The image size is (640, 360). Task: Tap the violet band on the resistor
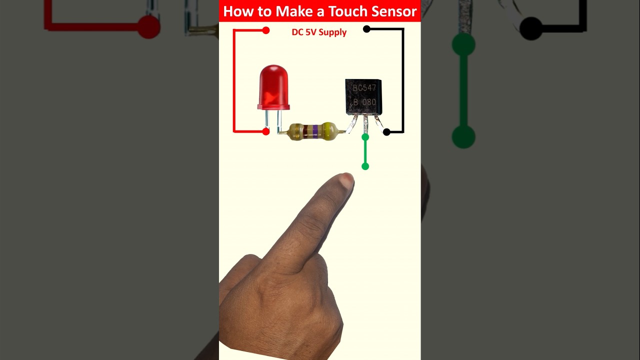pos(315,131)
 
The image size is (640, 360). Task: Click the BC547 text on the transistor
pos(364,88)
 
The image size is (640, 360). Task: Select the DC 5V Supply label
pos(319,32)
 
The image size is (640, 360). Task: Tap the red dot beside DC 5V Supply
pos(266,30)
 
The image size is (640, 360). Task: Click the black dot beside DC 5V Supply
pos(366,29)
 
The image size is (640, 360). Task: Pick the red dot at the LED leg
pos(266,131)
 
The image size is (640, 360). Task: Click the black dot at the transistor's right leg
pos(386,132)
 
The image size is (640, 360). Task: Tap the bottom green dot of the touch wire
pos(365,166)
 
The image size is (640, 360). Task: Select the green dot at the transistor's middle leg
pos(365,137)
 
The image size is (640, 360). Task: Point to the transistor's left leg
pos(353,125)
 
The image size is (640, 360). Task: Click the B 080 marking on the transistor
pos(364,102)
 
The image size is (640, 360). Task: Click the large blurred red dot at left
pos(148,27)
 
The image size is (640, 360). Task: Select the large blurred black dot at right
pos(531,28)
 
